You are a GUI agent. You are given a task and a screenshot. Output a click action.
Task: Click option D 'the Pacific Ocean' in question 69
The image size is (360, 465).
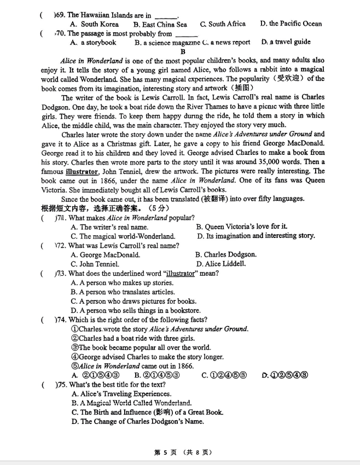291,24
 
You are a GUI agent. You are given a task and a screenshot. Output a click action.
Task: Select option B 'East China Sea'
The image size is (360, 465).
160,24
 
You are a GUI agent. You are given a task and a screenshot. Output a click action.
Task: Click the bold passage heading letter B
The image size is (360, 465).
183,51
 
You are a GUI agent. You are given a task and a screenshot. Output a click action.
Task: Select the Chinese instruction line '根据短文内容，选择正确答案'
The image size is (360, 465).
90,208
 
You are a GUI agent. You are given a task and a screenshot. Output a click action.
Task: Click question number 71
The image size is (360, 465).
60,218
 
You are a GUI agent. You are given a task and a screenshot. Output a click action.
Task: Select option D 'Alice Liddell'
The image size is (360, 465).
221,264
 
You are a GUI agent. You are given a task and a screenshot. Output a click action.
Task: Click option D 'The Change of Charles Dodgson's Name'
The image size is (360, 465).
137,422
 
